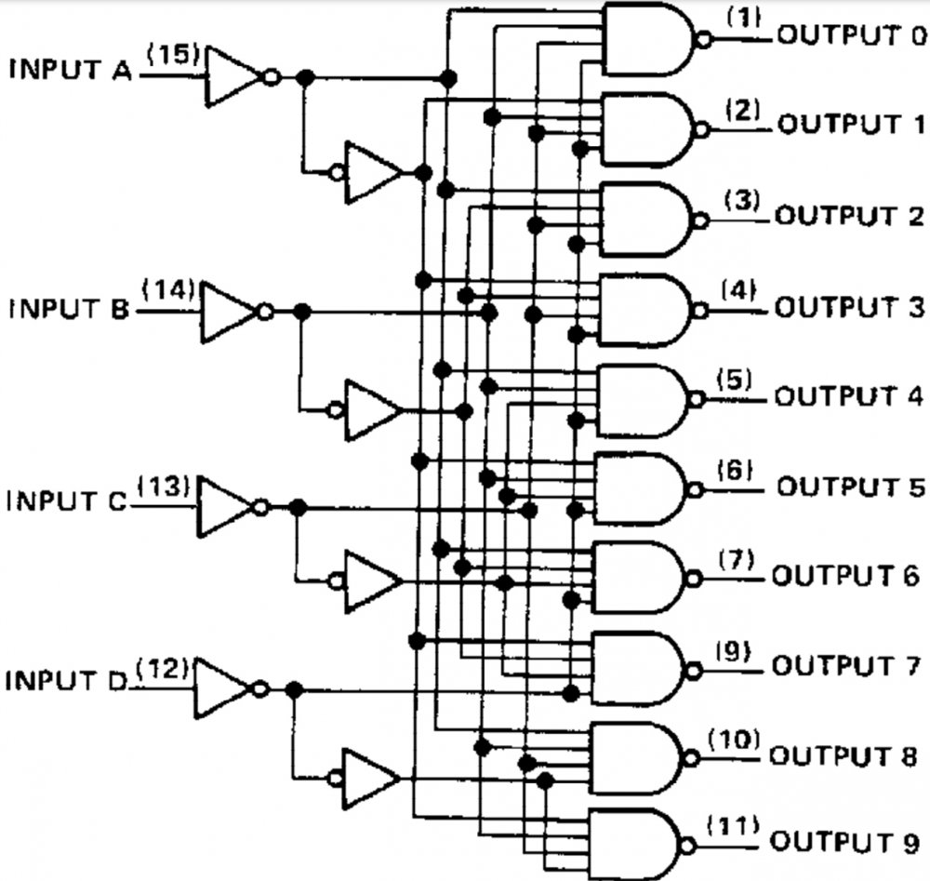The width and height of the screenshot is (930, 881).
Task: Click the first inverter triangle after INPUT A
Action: pos(232,77)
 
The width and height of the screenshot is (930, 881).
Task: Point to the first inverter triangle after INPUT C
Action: pos(226,508)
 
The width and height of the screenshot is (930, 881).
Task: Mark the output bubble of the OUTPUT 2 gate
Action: pos(700,220)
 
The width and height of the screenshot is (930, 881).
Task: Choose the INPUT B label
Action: pos(71,309)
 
